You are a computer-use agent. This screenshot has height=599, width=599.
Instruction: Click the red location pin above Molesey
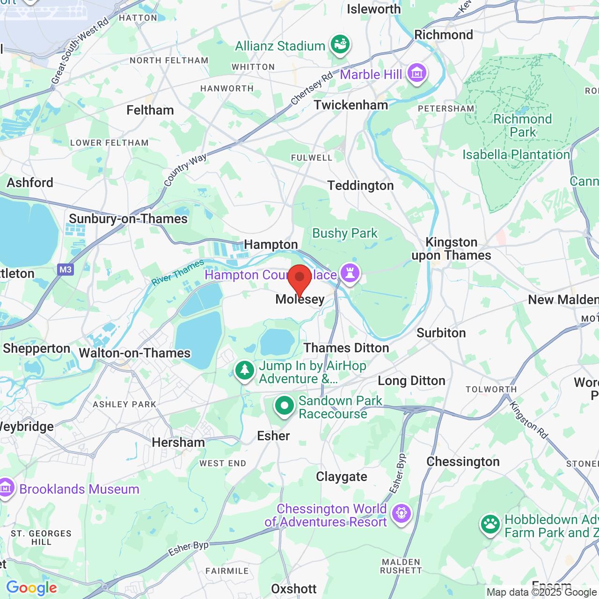tap(299, 278)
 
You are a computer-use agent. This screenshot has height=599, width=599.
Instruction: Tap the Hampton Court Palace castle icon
tap(350, 273)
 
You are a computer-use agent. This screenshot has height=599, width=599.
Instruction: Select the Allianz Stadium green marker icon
tap(341, 45)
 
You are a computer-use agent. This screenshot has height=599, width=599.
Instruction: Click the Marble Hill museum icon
tap(416, 73)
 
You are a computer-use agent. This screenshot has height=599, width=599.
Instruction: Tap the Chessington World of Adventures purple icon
tap(401, 514)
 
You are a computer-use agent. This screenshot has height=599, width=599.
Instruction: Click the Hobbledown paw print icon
tap(490, 525)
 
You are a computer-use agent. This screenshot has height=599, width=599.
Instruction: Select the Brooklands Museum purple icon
tap(6, 488)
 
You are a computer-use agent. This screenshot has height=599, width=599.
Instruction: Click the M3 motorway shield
tap(66, 270)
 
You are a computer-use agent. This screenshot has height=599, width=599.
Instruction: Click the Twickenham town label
tap(351, 105)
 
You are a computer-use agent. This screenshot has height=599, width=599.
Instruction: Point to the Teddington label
tap(360, 186)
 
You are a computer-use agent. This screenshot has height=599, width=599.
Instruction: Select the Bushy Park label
tap(344, 233)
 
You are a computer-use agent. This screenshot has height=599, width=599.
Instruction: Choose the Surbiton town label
tap(441, 333)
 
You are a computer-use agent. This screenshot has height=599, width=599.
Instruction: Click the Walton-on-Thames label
tap(135, 353)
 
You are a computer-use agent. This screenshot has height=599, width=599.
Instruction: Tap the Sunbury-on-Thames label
tap(128, 219)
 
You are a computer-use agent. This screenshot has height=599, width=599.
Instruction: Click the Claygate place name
tap(341, 476)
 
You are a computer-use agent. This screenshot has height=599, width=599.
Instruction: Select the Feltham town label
tap(150, 110)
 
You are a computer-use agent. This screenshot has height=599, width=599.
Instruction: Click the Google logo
tap(31, 588)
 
